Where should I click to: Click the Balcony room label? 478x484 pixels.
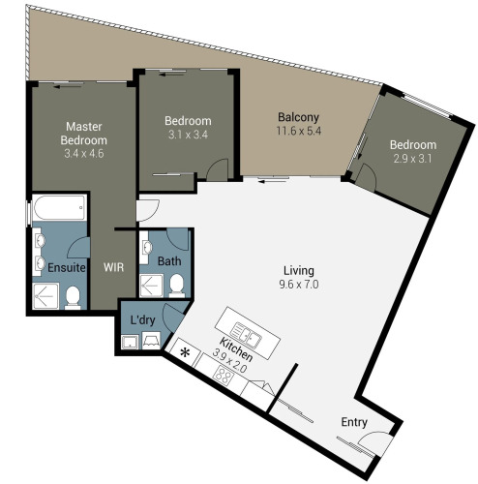[298, 117]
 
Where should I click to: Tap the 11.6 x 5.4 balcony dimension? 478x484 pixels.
[299, 131]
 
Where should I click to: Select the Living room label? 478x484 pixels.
[299, 271]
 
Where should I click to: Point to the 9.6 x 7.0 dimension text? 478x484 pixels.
[299, 285]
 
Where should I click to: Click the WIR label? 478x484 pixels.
[113, 267]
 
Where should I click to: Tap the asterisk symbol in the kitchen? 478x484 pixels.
[185, 352]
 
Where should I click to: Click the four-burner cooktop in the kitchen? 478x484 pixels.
[224, 376]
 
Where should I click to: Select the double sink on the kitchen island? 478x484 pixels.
[246, 336]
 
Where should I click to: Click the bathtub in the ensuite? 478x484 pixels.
[60, 207]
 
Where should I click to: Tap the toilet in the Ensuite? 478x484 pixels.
[73, 298]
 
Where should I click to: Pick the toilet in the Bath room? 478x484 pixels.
[177, 286]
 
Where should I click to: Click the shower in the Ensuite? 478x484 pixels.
[45, 296]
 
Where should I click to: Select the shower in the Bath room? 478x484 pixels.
[151, 286]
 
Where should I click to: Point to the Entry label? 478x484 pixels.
[354, 422]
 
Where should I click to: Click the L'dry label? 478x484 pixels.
[142, 319]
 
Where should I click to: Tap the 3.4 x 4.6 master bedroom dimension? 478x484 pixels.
[84, 154]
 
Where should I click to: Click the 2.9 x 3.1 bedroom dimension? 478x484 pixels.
[412, 159]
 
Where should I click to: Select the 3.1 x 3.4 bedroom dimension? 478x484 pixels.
[188, 135]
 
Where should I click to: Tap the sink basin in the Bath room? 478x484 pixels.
[147, 248]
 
